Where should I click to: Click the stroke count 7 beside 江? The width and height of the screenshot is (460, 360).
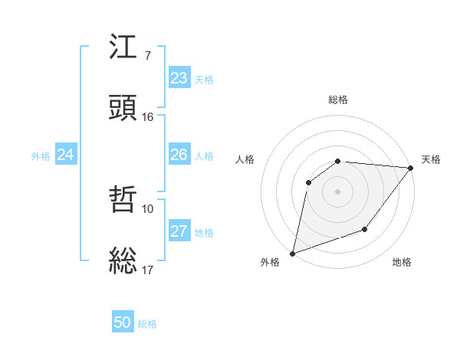pyautogui.click(x=147, y=56)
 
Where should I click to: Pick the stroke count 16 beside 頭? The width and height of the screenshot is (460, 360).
pyautogui.click(x=147, y=117)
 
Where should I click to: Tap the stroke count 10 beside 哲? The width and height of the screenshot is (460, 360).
pyautogui.click(x=147, y=208)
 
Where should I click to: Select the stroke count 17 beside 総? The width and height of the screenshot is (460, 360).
pyautogui.click(x=147, y=270)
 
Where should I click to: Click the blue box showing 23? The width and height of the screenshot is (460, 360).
pyautogui.click(x=179, y=78)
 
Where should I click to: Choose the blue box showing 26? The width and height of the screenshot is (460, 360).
pyautogui.click(x=179, y=155)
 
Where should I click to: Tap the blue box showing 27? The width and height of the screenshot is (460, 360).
pyautogui.click(x=179, y=231)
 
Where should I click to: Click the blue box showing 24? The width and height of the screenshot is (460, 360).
pyautogui.click(x=65, y=155)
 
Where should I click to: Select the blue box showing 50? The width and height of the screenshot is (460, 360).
pyautogui.click(x=123, y=322)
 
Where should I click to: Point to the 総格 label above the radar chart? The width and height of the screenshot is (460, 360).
pyautogui.click(x=337, y=100)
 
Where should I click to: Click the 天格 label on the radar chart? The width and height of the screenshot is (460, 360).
pyautogui.click(x=431, y=159)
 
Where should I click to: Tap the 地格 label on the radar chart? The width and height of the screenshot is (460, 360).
pyautogui.click(x=402, y=263)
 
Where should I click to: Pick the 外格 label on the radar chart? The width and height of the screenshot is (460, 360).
pyautogui.click(x=270, y=263)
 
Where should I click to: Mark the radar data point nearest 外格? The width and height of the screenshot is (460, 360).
pyautogui.click(x=292, y=254)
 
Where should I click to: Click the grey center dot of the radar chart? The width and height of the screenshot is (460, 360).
pyautogui.click(x=337, y=191)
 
